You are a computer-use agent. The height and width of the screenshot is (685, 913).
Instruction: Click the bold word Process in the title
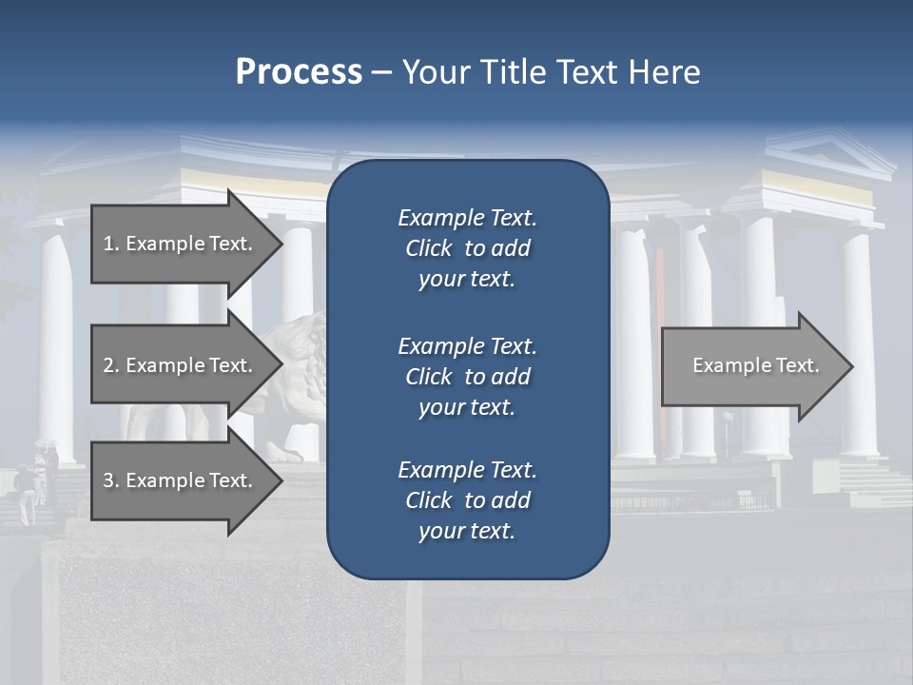point(299,72)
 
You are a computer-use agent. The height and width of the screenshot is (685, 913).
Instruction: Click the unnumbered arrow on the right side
point(755,366)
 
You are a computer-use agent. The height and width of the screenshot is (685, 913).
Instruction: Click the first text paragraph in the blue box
point(467,248)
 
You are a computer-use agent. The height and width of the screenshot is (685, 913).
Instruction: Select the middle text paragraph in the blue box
point(467,376)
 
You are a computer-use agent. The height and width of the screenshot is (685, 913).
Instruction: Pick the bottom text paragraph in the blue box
point(467,500)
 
